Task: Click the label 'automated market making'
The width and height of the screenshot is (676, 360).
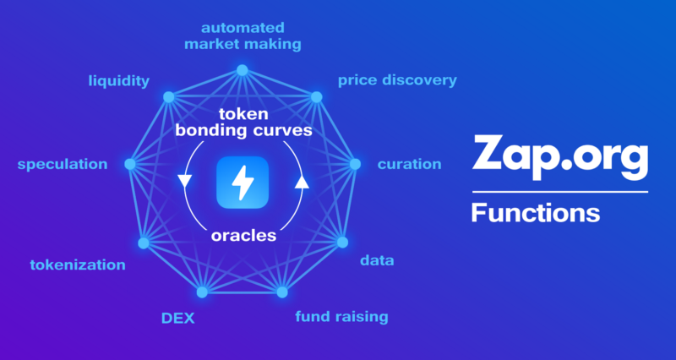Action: coord(243,35)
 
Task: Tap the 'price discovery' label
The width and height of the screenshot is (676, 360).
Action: coord(397,80)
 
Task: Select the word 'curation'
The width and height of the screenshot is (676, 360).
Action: coord(409,163)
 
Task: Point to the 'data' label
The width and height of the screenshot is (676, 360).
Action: coord(377,260)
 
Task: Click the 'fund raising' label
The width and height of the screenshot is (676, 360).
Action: coord(341,317)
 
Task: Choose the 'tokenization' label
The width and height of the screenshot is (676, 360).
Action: coord(78,265)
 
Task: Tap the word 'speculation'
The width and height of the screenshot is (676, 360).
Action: coord(63,163)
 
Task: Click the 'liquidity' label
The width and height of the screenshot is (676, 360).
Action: coord(119,81)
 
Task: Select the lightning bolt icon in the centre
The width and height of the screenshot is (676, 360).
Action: coord(243,182)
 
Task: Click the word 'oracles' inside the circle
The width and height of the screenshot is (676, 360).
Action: coord(243,236)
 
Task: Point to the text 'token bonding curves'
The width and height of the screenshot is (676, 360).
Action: coord(243,123)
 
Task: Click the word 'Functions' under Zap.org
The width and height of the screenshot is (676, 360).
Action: coord(535,211)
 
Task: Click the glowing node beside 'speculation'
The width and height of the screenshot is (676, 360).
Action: coord(130,163)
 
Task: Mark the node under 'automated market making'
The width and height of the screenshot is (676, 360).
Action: coord(243,70)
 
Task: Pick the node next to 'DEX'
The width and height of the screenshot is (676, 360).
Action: coord(202,292)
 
